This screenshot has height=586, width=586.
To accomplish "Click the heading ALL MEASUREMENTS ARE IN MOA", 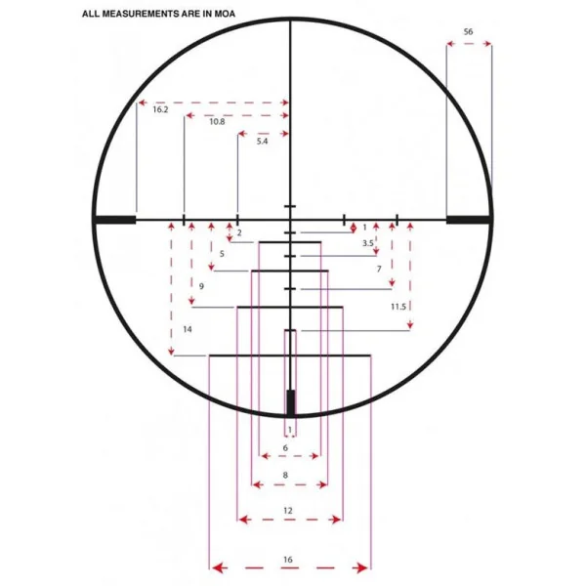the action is point(158,15).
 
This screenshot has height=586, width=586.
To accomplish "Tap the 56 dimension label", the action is point(468,32).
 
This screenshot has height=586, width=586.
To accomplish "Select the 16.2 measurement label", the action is point(160,109).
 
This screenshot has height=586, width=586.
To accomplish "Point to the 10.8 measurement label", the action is point(217,121).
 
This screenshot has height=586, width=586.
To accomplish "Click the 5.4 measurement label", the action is point(262,142).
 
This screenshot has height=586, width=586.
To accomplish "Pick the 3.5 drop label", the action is point(368,243).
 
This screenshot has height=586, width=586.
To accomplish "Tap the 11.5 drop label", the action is point(398,307).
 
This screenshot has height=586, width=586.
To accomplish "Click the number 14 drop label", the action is point(188,329).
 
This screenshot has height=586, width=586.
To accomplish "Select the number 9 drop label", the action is point(201,286).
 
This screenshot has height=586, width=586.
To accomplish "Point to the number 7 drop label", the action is point(379,269).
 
